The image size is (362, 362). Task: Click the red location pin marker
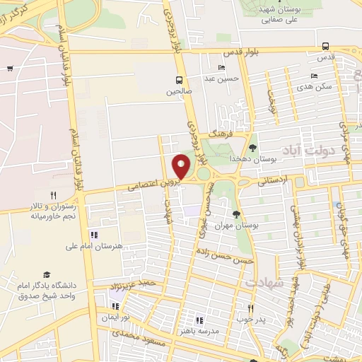pos(182,166)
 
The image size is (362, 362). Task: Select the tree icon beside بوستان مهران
pos(236,214)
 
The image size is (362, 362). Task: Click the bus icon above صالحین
pos(180,79)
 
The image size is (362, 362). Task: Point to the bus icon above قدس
pos(325,46)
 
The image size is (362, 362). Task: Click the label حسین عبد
pos(218,78)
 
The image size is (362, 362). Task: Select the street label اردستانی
pos(274,180)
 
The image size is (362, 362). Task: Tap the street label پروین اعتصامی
pos(154,185)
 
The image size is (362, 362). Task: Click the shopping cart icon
pos(10,69)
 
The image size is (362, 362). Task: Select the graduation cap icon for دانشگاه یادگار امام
pos(47,274)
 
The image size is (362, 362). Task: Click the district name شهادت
pos(264,282)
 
